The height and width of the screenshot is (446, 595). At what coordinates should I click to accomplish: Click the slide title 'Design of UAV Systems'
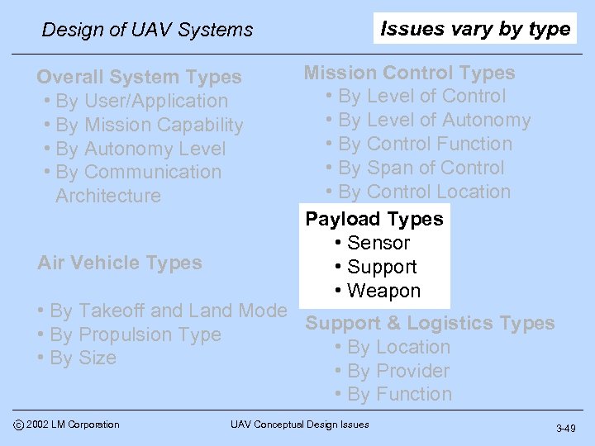[x=147, y=30]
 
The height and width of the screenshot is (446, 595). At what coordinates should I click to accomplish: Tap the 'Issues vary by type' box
[x=475, y=29]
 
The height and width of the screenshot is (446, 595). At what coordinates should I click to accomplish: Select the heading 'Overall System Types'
[x=139, y=77]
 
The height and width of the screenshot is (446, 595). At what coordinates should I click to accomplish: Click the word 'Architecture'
[x=108, y=196]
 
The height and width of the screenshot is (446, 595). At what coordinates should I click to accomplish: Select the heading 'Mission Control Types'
[x=409, y=73]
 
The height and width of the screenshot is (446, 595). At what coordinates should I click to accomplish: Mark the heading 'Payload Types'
[x=374, y=219]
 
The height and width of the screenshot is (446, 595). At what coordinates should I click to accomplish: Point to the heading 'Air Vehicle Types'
[x=120, y=263]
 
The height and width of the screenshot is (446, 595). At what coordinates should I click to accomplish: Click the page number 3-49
[x=566, y=428]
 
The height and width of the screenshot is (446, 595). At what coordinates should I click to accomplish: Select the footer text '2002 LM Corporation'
[x=72, y=425]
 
